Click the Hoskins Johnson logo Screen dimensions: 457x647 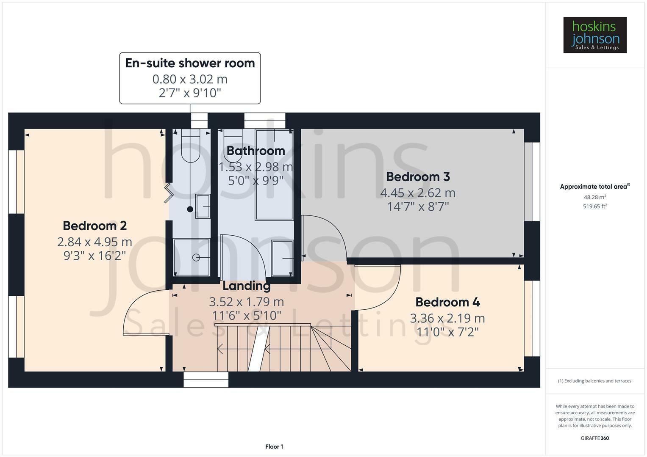point(594,35)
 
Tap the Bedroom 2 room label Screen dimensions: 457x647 point(94,226)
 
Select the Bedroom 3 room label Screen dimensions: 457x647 point(417,176)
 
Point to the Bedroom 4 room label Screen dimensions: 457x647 point(447,302)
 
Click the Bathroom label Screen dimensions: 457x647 point(255,151)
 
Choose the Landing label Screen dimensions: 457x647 point(246,286)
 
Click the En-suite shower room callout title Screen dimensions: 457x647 point(190,63)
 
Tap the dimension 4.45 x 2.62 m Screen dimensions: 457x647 point(417,193)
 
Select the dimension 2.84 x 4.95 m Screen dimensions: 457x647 point(94,242)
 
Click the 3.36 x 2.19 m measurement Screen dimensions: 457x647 point(447,318)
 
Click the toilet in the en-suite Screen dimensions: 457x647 point(191,146)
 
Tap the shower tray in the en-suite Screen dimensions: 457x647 point(192,257)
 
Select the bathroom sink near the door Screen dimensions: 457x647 point(283,257)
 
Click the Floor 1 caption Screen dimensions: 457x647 point(274,446)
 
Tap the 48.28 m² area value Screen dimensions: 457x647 point(594,197)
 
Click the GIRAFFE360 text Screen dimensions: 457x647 point(594,438)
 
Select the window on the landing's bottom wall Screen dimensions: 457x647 point(206,380)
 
